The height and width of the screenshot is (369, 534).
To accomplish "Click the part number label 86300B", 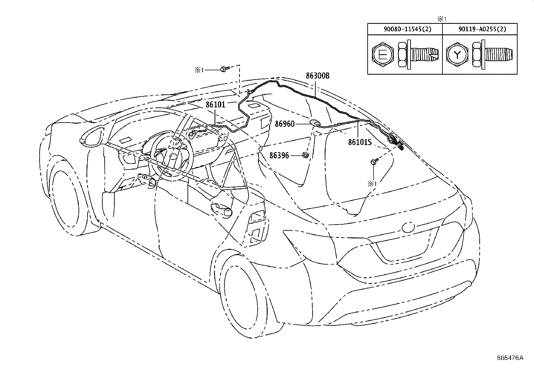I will (317, 76).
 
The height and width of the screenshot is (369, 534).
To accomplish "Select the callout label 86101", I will (215, 105).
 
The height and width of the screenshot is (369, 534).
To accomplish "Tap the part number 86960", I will (285, 124).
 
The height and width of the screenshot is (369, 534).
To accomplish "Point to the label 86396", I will (279, 155).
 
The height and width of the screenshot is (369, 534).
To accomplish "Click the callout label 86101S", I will (360, 142).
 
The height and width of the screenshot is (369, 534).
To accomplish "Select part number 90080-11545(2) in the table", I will (405, 29).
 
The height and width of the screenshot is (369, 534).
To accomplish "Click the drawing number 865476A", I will (510, 358).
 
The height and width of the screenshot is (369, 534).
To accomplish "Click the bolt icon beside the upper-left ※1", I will (224, 69).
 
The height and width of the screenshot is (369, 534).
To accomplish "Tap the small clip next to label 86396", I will (305, 155).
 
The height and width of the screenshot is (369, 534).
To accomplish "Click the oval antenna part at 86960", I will (315, 123).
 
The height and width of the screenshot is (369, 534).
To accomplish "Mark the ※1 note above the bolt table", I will (443, 19).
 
